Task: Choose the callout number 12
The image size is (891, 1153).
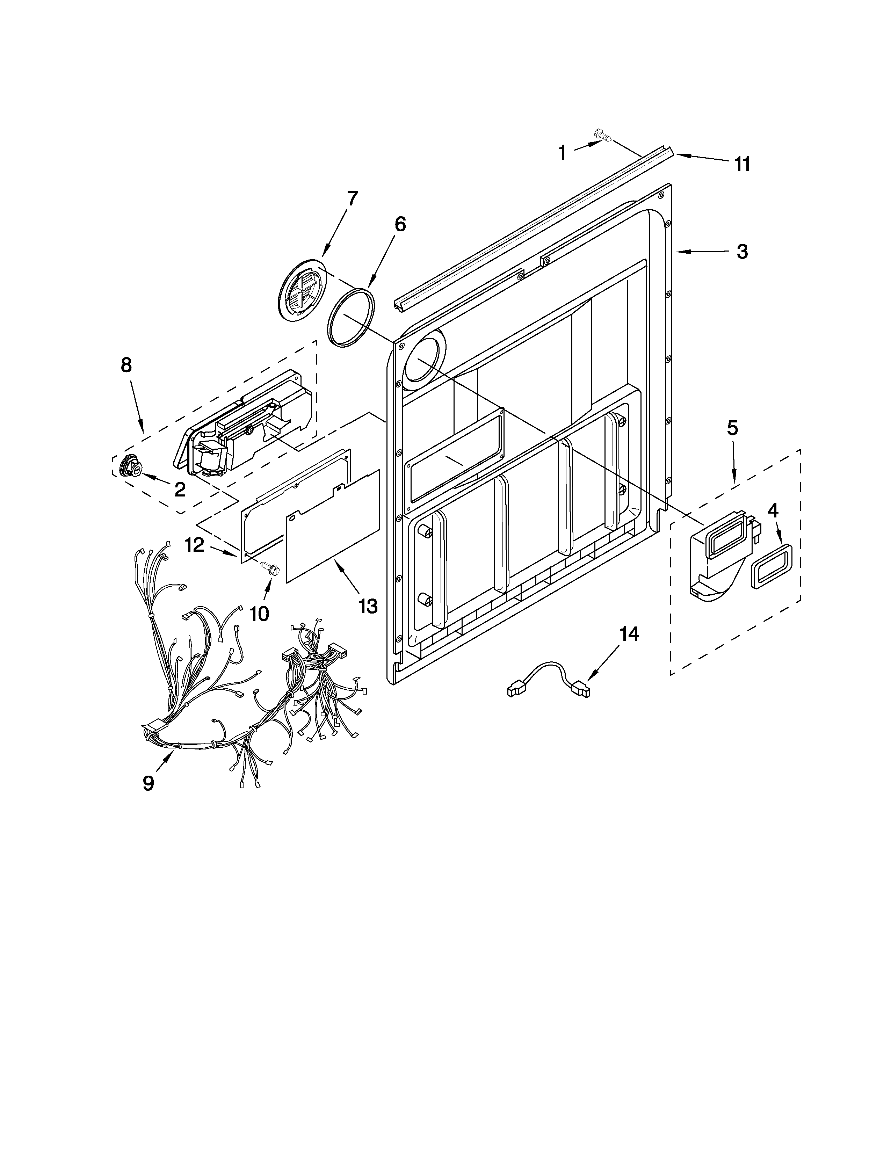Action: tap(195, 545)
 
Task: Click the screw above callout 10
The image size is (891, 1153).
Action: tap(270, 568)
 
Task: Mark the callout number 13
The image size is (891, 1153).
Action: tap(368, 606)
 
